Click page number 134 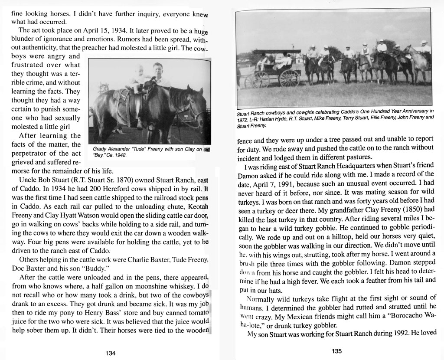point(111,353)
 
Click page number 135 point(337,351)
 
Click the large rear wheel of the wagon point(289,78)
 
